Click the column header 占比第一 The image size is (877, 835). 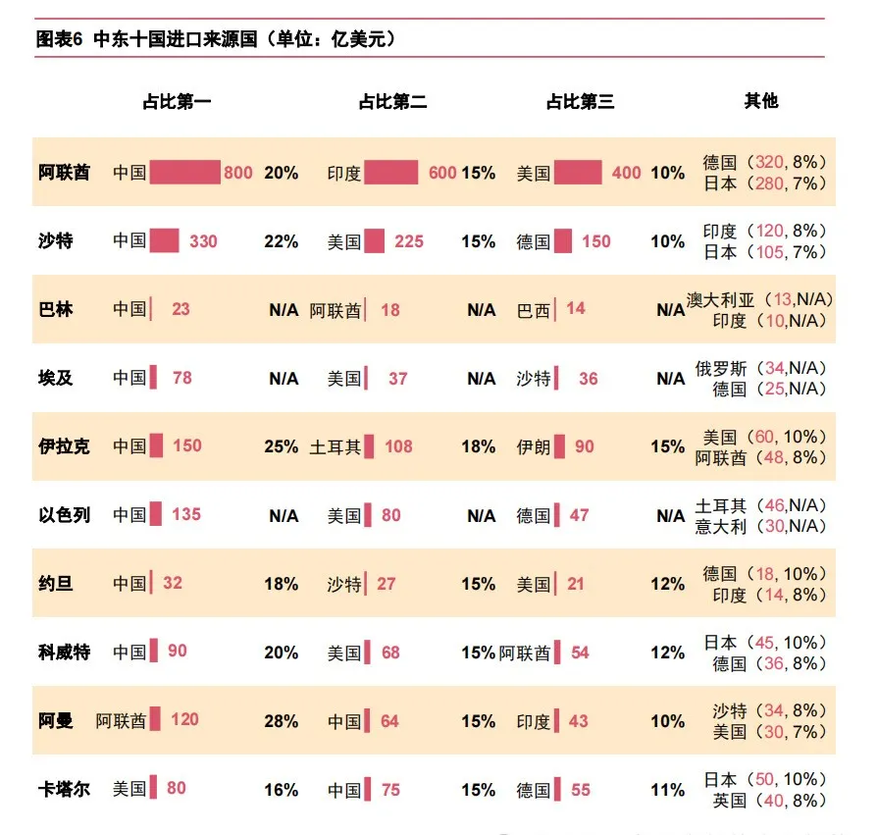point(177,101)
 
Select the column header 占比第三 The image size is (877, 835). point(580,101)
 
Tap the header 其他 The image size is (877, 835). point(761,101)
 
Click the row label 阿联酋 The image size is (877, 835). point(64,173)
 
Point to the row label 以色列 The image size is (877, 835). point(64,514)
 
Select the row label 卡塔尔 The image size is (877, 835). point(64,789)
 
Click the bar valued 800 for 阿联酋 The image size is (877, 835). point(184,173)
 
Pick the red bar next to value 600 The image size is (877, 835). point(391,173)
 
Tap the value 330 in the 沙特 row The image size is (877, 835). point(203,241)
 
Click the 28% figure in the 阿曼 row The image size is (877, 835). point(281,721)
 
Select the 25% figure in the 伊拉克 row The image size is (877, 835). point(281,446)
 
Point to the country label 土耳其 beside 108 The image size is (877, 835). point(335,447)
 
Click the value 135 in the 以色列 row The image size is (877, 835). point(186,514)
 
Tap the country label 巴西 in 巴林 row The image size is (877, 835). point(534,310)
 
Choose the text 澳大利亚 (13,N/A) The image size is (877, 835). point(755,299)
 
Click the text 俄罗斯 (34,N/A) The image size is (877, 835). point(761,368)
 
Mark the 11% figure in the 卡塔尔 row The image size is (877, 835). point(667,790)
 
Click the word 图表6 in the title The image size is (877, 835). point(60,39)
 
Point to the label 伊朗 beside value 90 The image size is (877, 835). point(534,447)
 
